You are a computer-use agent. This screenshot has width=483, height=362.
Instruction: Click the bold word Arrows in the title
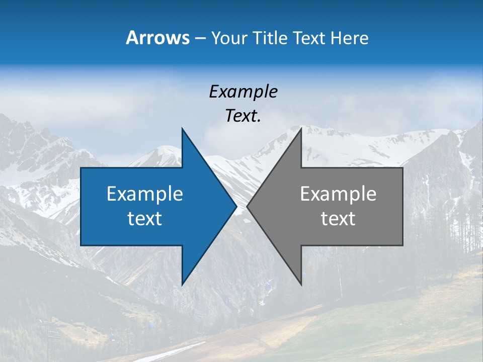click(157, 38)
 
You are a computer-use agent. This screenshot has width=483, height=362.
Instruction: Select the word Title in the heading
click(270, 38)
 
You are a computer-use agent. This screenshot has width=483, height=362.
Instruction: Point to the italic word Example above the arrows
click(243, 92)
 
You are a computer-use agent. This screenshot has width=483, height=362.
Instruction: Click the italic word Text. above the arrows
click(243, 116)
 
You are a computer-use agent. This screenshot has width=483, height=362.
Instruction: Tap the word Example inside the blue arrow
click(144, 194)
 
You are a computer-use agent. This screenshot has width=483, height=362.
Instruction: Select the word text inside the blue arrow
click(144, 218)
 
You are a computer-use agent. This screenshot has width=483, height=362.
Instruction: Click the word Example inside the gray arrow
click(338, 194)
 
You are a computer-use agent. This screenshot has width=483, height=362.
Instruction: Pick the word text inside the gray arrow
click(338, 218)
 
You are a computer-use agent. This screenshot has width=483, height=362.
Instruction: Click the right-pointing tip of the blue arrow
click(236, 207)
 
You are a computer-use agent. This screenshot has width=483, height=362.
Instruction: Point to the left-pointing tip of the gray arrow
click(247, 207)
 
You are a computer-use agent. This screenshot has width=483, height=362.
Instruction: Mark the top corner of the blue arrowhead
click(182, 128)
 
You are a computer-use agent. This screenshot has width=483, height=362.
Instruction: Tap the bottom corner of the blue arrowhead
click(182, 285)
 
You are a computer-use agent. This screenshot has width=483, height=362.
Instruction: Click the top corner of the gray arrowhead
click(301, 128)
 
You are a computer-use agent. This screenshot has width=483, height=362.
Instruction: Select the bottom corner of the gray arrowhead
click(301, 285)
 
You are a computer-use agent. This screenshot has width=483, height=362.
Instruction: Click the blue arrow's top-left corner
click(81, 168)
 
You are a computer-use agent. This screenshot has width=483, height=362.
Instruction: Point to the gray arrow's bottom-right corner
click(403, 245)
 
